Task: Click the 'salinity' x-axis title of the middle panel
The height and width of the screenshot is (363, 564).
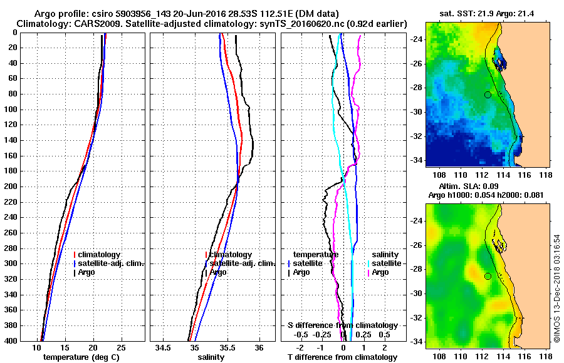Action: pos(211,357)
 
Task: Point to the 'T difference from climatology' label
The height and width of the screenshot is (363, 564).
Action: pos(342,357)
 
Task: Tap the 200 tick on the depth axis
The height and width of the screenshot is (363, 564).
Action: pos(11,187)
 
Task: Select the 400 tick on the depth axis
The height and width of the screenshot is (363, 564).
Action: pos(11,341)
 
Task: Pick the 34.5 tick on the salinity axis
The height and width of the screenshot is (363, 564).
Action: pos(164,347)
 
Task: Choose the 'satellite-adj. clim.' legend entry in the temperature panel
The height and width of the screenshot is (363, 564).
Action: pos(110,263)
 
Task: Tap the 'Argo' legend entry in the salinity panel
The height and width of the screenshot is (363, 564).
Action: pos(217,272)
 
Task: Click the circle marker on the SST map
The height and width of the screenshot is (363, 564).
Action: pos(488,95)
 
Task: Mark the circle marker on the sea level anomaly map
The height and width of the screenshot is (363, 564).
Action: pos(488,276)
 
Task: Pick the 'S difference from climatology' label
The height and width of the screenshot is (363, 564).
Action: pos(342,325)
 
